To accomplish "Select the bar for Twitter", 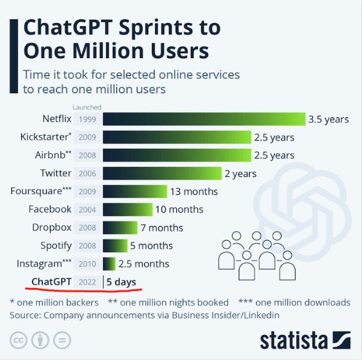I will click(162, 173).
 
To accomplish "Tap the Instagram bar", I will click(109, 264).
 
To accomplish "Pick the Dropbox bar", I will click(120, 227).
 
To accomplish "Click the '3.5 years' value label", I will click(328, 119).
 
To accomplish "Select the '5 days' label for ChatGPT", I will click(121, 281).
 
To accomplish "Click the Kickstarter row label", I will click(45, 137).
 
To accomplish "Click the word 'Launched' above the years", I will click(87, 107).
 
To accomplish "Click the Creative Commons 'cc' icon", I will click(19, 339).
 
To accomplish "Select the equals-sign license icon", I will click(62, 339).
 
